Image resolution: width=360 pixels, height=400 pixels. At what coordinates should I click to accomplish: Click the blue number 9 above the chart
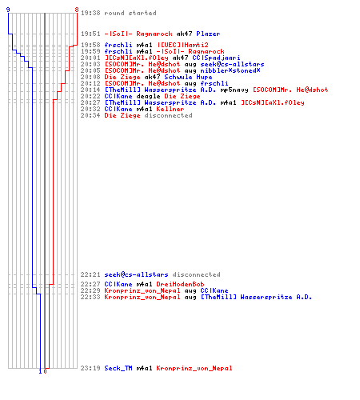pos(8,10)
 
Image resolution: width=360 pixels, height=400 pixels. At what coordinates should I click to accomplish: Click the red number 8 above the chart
pos(77,10)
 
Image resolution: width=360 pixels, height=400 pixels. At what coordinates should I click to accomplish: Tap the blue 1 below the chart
pos(40,371)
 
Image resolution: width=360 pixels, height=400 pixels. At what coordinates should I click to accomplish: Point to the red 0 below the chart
pos(45,371)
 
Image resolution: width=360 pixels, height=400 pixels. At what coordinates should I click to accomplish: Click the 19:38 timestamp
pos(90,13)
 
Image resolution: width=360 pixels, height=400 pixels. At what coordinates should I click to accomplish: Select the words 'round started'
pos(130,13)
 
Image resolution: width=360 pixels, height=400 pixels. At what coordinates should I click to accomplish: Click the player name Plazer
pos(208,34)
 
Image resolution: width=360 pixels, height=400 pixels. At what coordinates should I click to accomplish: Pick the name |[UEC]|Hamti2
pos(182,45)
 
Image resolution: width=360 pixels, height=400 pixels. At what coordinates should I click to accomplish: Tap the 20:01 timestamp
pos(90,58)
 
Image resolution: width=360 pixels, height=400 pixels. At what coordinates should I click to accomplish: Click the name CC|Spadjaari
pos(216,58)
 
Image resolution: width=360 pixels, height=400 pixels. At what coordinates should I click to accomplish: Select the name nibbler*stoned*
pos(230,70)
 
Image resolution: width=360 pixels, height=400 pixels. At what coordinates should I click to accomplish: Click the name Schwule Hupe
pos(188,77)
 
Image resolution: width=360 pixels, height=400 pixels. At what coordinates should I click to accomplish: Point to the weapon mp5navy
pos(234,90)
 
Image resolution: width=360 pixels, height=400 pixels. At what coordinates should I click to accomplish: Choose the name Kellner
pos(170,109)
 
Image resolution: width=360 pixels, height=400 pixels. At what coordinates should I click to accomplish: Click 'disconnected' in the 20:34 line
pos(168,115)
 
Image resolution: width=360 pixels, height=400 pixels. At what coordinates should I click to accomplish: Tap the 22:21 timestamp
pos(90,274)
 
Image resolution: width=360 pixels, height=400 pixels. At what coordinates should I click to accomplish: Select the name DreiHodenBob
pos(180,284)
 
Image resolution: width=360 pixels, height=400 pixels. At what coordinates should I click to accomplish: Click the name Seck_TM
pos(118,368)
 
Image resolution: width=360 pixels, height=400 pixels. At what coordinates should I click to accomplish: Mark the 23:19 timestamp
pos(90,368)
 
